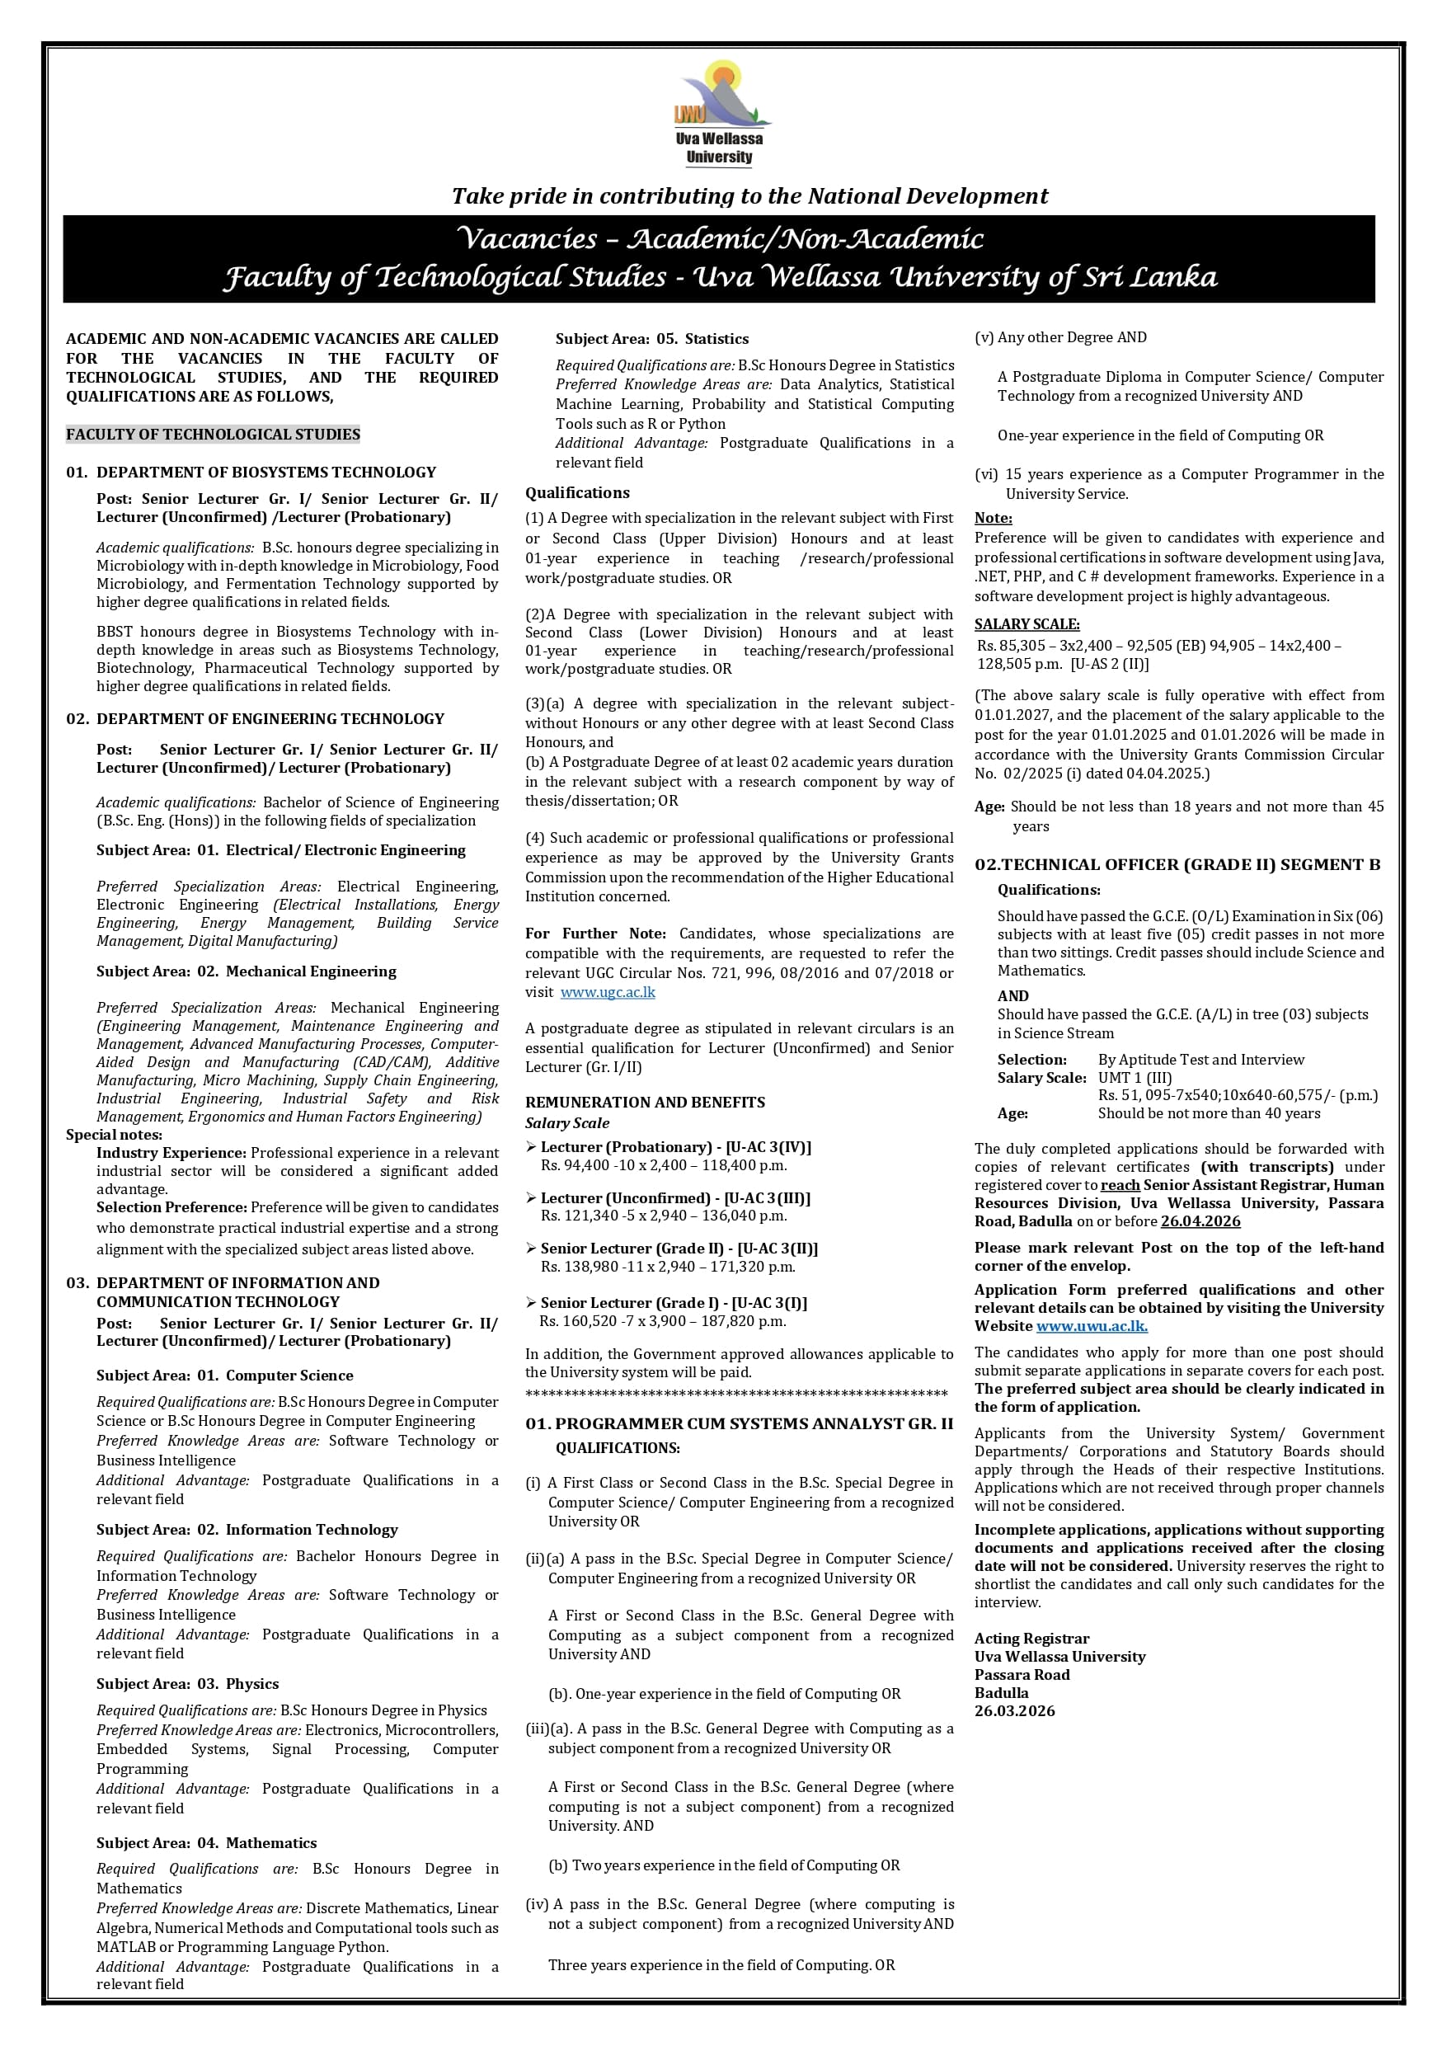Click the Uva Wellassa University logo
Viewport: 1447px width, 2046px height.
click(721, 112)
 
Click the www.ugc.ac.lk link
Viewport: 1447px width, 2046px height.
click(607, 992)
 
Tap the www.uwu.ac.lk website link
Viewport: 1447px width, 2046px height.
click(1091, 1325)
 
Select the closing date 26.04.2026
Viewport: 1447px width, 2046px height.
click(1200, 1221)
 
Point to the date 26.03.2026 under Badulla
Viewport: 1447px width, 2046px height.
click(1014, 1710)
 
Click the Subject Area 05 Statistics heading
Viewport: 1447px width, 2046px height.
click(651, 339)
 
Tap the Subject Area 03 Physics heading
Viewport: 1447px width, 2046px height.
click(187, 1683)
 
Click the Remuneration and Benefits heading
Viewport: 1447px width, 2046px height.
click(644, 1102)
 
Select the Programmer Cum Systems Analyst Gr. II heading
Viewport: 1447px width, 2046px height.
click(739, 1423)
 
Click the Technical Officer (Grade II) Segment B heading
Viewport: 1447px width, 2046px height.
click(1176, 863)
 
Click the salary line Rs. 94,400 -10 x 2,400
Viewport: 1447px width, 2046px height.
click(663, 1164)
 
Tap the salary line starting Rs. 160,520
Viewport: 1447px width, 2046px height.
click(662, 1320)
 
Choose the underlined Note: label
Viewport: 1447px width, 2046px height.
click(993, 518)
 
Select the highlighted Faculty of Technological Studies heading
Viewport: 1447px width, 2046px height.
click(213, 434)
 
